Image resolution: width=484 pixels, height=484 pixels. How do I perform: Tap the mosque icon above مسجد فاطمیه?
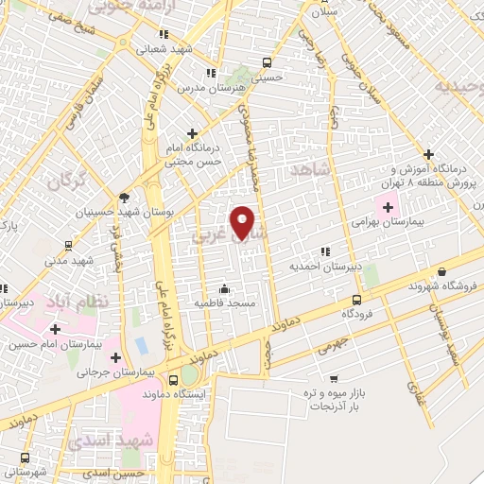pyautogui.click(x=225, y=289)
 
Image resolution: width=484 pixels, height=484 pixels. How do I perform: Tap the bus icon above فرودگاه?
pyautogui.click(x=354, y=301)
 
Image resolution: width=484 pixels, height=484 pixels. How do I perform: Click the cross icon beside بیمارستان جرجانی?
pyautogui.click(x=116, y=358)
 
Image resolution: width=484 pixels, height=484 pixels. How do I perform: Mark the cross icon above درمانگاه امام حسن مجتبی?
pyautogui.click(x=193, y=133)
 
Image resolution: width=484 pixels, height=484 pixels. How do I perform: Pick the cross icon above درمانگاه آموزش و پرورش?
pyautogui.click(x=428, y=153)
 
